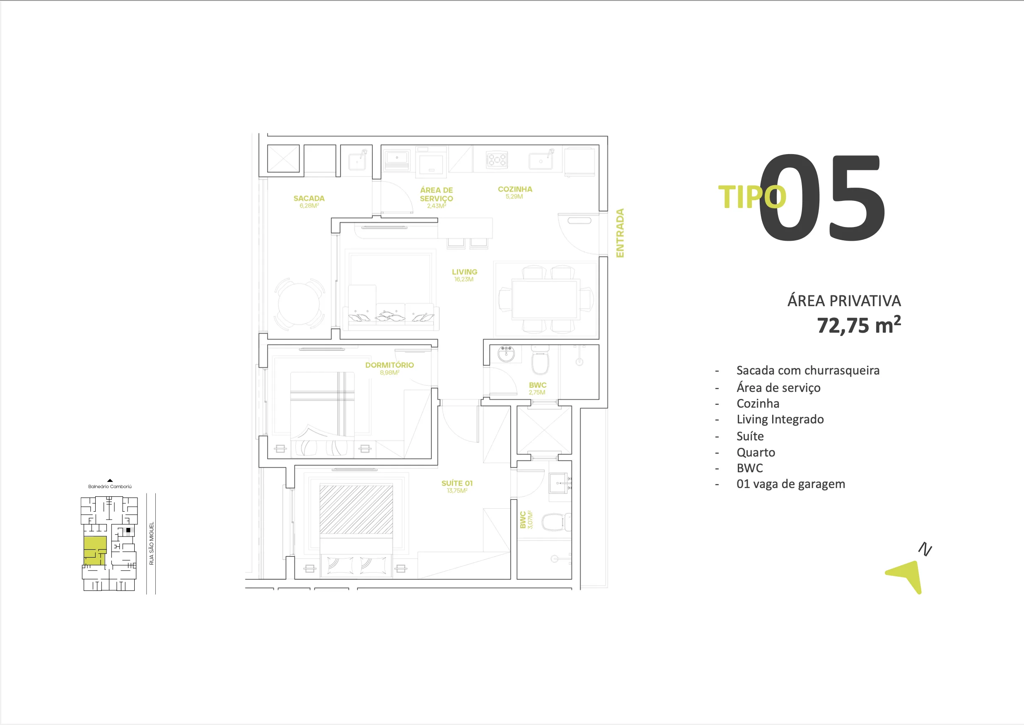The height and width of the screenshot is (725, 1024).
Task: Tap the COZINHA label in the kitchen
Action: point(514,190)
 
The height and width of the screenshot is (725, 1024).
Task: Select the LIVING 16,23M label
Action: point(464,272)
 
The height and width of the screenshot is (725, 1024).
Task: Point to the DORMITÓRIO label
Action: point(389,365)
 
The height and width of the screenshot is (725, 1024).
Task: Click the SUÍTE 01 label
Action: point(456,483)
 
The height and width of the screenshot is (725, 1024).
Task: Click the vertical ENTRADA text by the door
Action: point(620,233)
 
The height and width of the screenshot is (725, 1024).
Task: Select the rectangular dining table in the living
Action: point(546,299)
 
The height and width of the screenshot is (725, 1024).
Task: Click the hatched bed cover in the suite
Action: point(356,510)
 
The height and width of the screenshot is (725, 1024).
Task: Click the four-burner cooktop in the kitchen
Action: point(496,159)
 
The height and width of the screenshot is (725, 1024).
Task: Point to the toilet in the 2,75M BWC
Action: point(540,362)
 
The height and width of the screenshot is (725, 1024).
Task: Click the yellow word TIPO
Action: point(751,197)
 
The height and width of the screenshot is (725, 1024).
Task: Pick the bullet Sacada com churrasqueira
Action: point(807,370)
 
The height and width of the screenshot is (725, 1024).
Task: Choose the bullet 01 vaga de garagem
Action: point(790,484)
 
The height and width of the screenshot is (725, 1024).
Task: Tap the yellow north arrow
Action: point(908,575)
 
